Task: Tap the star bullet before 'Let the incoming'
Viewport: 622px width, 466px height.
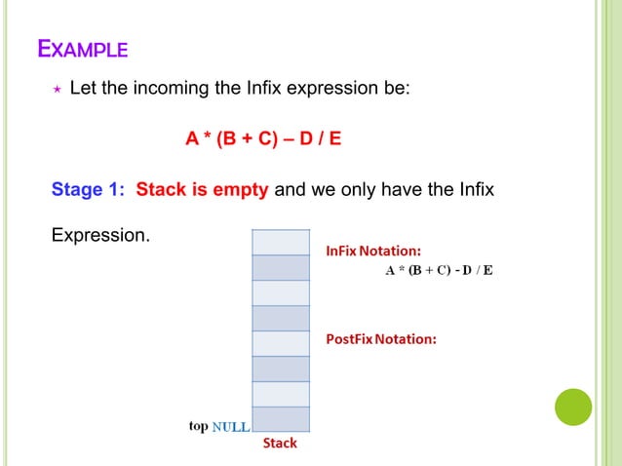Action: point(56,90)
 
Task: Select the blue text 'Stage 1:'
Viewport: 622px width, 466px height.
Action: point(89,188)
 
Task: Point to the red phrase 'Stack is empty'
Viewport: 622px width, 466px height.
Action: point(202,188)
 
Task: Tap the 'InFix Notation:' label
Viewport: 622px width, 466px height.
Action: point(373,251)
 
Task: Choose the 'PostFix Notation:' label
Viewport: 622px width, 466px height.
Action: point(381,339)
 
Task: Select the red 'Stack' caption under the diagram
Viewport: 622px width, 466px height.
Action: point(280,444)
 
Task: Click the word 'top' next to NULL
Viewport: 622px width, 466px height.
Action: point(198,426)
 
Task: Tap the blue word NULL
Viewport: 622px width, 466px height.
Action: point(231,427)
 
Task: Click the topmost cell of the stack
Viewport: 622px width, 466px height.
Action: point(281,241)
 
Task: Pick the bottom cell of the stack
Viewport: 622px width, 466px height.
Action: point(281,419)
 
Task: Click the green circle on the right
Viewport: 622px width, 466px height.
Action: point(573,407)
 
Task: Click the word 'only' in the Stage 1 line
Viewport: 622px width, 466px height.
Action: point(357,188)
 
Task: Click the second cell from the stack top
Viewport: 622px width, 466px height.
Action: point(281,266)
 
